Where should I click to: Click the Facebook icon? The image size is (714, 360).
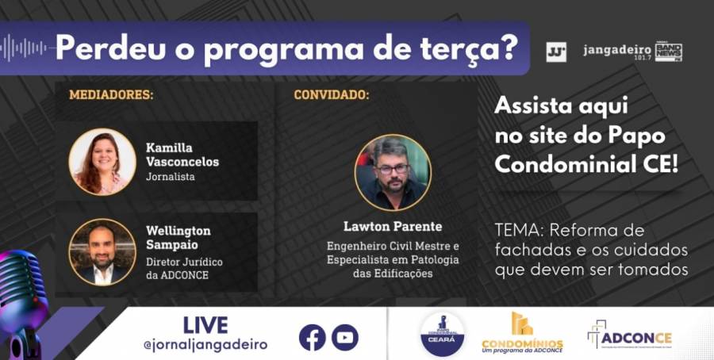313,337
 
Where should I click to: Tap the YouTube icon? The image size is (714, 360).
345,337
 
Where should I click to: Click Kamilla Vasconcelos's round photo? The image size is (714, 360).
102,162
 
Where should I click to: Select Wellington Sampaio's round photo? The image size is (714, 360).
102,251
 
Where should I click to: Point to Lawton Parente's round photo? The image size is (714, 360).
393,171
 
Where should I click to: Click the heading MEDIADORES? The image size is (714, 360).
111,95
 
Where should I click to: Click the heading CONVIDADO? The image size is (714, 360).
331,95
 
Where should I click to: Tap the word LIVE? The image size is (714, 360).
205,325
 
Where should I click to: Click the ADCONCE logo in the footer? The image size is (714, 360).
630,336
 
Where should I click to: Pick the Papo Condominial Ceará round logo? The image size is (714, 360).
443,334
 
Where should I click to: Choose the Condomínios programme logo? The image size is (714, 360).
522,332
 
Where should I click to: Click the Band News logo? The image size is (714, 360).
668,52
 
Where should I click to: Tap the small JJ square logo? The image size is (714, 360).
556,52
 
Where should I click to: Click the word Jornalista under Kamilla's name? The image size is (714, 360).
170,177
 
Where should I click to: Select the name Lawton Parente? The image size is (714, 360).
393,227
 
